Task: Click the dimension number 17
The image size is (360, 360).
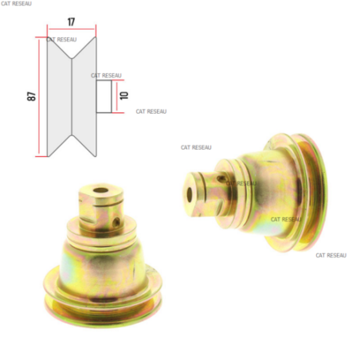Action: click(71, 22)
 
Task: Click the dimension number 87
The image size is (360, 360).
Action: click(31, 96)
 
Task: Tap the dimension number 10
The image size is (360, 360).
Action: click(124, 96)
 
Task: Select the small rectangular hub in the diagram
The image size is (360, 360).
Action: click(104, 96)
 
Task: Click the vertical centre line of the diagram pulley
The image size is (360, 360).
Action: click(72, 96)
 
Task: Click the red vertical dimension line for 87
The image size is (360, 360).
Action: click(39, 96)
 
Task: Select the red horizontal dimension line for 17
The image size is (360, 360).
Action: click(72, 29)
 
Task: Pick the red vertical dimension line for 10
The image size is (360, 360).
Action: click(116, 96)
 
